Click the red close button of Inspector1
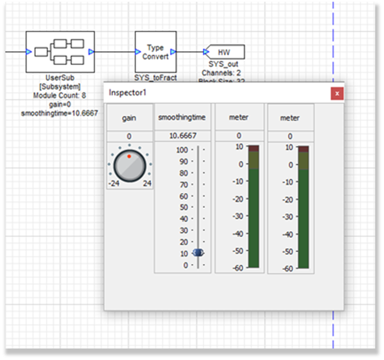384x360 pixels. pos(337,93)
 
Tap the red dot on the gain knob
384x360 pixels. pos(129,156)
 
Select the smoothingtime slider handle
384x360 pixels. pos(198,253)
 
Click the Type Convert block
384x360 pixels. pos(155,52)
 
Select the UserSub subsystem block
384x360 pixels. pos(60,52)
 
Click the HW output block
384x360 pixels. pos(224,52)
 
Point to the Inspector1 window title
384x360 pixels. pos(128,92)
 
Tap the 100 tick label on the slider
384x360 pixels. pos(182,150)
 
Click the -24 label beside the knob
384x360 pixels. pos(113,183)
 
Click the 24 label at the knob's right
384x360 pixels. pos(146,183)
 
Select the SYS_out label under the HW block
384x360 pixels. pos(223,64)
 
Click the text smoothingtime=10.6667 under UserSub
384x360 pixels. pos(60,113)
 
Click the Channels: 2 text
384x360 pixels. pos(222,73)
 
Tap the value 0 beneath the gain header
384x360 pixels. pos(129,136)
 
